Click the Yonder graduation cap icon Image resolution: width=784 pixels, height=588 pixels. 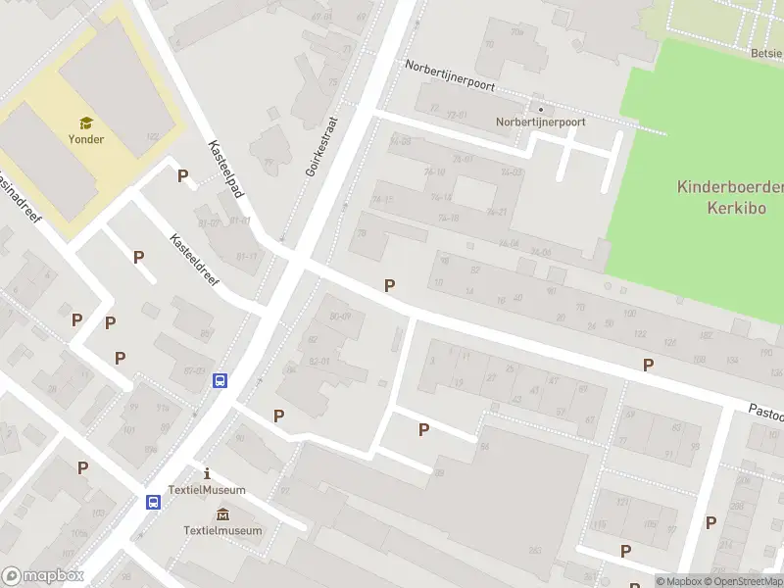[x=86, y=122]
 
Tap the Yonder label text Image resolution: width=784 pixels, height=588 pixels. [x=86, y=139]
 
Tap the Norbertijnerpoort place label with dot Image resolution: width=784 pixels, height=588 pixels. [x=540, y=122]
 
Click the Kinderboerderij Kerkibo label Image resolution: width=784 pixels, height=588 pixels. [x=729, y=197]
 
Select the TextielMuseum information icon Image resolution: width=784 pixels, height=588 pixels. [x=206, y=473]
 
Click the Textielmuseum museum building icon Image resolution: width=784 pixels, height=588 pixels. [x=222, y=515]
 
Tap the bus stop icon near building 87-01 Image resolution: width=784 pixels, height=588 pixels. [x=221, y=381]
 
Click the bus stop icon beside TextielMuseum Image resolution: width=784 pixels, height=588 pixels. [x=153, y=502]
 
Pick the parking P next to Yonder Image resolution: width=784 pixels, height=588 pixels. [x=182, y=175]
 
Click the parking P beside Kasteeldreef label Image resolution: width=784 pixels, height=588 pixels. [x=138, y=257]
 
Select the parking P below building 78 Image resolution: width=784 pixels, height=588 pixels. [x=390, y=285]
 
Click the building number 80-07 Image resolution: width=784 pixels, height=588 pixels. [x=340, y=316]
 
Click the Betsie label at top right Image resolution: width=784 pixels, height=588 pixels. [x=766, y=53]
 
